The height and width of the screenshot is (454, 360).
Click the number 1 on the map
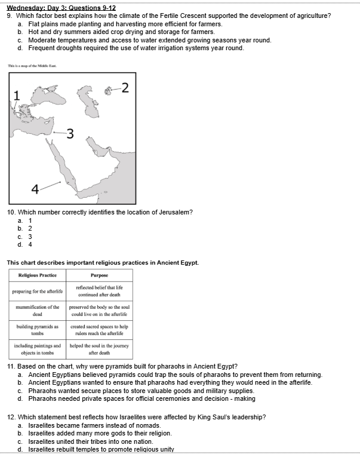(x=17, y=96)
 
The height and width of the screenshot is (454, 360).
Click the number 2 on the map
(x=124, y=88)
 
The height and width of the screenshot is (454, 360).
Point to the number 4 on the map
(x=35, y=189)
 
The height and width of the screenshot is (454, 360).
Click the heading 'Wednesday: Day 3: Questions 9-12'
(x=61, y=7)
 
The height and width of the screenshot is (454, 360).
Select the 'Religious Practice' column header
(x=38, y=275)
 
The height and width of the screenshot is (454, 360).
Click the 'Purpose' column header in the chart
(x=99, y=275)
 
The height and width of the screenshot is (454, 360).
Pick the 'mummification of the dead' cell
(x=38, y=310)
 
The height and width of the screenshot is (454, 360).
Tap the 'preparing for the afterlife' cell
(x=38, y=292)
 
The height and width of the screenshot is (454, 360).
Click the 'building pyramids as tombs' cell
(x=38, y=330)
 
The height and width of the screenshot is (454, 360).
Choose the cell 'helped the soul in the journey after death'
(x=99, y=349)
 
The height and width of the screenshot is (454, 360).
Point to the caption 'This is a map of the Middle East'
(x=32, y=66)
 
